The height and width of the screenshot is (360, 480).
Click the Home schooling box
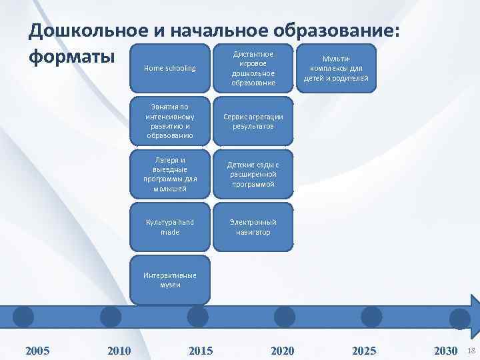click(x=170, y=69)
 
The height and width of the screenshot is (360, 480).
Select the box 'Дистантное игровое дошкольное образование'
click(x=253, y=69)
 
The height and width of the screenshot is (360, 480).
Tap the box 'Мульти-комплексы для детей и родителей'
click(x=336, y=69)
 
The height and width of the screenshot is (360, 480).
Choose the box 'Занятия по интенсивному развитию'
click(x=170, y=121)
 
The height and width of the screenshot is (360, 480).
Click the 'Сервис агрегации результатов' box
click(x=253, y=121)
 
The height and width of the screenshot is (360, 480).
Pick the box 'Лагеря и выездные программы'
click(x=170, y=174)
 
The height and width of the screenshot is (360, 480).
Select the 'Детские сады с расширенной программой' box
click(x=253, y=174)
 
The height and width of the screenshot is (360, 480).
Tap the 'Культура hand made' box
click(x=170, y=227)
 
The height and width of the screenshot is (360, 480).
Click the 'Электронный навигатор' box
click(x=253, y=227)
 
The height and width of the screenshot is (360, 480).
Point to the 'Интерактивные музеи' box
click(x=170, y=280)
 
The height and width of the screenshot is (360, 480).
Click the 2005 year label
click(x=37, y=351)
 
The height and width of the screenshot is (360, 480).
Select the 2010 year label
click(x=119, y=351)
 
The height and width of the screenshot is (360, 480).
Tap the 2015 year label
click(x=201, y=351)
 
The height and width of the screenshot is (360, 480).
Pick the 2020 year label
click(x=282, y=351)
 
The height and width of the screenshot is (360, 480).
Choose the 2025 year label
click(x=364, y=351)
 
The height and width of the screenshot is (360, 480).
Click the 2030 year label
click(x=445, y=351)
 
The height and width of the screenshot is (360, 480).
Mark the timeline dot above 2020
click(x=285, y=317)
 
